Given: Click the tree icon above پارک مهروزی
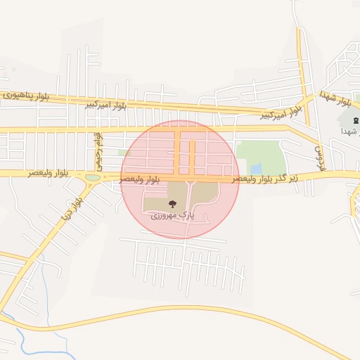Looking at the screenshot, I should [x=172, y=204].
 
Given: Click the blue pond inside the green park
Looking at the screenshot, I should [x=257, y=169].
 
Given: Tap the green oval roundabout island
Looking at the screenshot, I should [x=92, y=177].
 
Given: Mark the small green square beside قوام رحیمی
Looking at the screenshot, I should [x=124, y=153].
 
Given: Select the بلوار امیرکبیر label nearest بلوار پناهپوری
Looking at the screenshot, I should [x=105, y=105].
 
